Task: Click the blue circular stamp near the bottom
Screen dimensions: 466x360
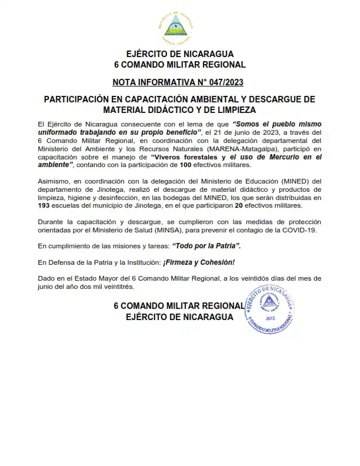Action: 271,310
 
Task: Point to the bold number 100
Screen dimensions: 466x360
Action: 186,166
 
